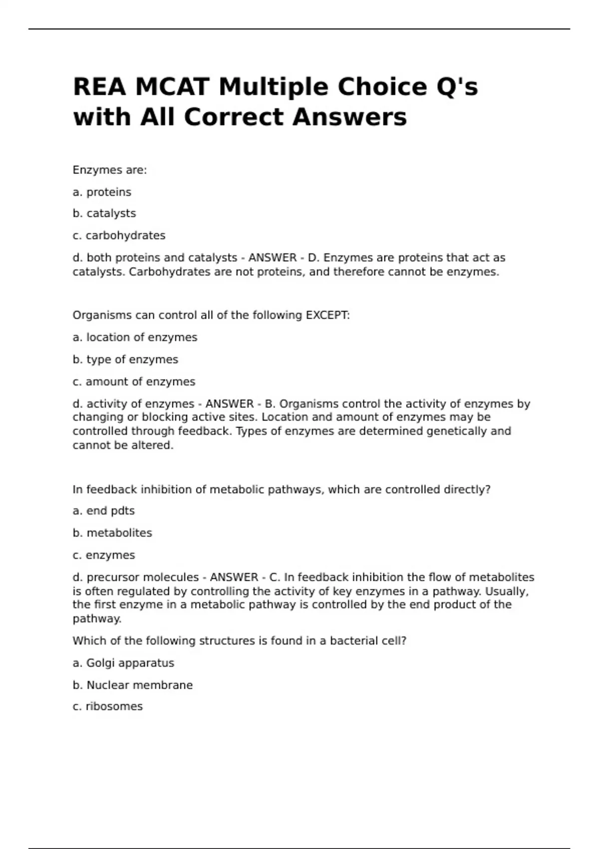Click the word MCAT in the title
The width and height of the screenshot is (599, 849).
[x=171, y=87]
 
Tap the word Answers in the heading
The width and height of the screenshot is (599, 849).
[x=349, y=117]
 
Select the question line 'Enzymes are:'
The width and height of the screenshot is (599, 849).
[x=110, y=170]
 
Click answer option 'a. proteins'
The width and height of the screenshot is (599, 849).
[x=102, y=192]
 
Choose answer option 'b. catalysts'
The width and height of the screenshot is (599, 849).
[x=104, y=213]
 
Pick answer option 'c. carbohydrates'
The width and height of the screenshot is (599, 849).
[x=119, y=235]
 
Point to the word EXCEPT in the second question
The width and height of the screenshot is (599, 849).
[x=327, y=316]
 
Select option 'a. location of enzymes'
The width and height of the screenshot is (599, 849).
[x=135, y=338]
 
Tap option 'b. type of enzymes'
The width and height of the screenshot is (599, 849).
[x=125, y=360]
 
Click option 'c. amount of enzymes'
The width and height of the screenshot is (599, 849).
[x=134, y=382]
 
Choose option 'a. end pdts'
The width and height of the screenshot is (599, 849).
[x=104, y=511]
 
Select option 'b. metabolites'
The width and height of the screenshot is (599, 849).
[x=112, y=533]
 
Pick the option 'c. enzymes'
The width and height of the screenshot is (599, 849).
[x=104, y=555]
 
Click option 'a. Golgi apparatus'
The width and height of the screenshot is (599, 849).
[x=123, y=663]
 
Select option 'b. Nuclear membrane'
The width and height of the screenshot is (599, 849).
[x=133, y=685]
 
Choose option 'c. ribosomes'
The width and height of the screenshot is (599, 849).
[x=108, y=707]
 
